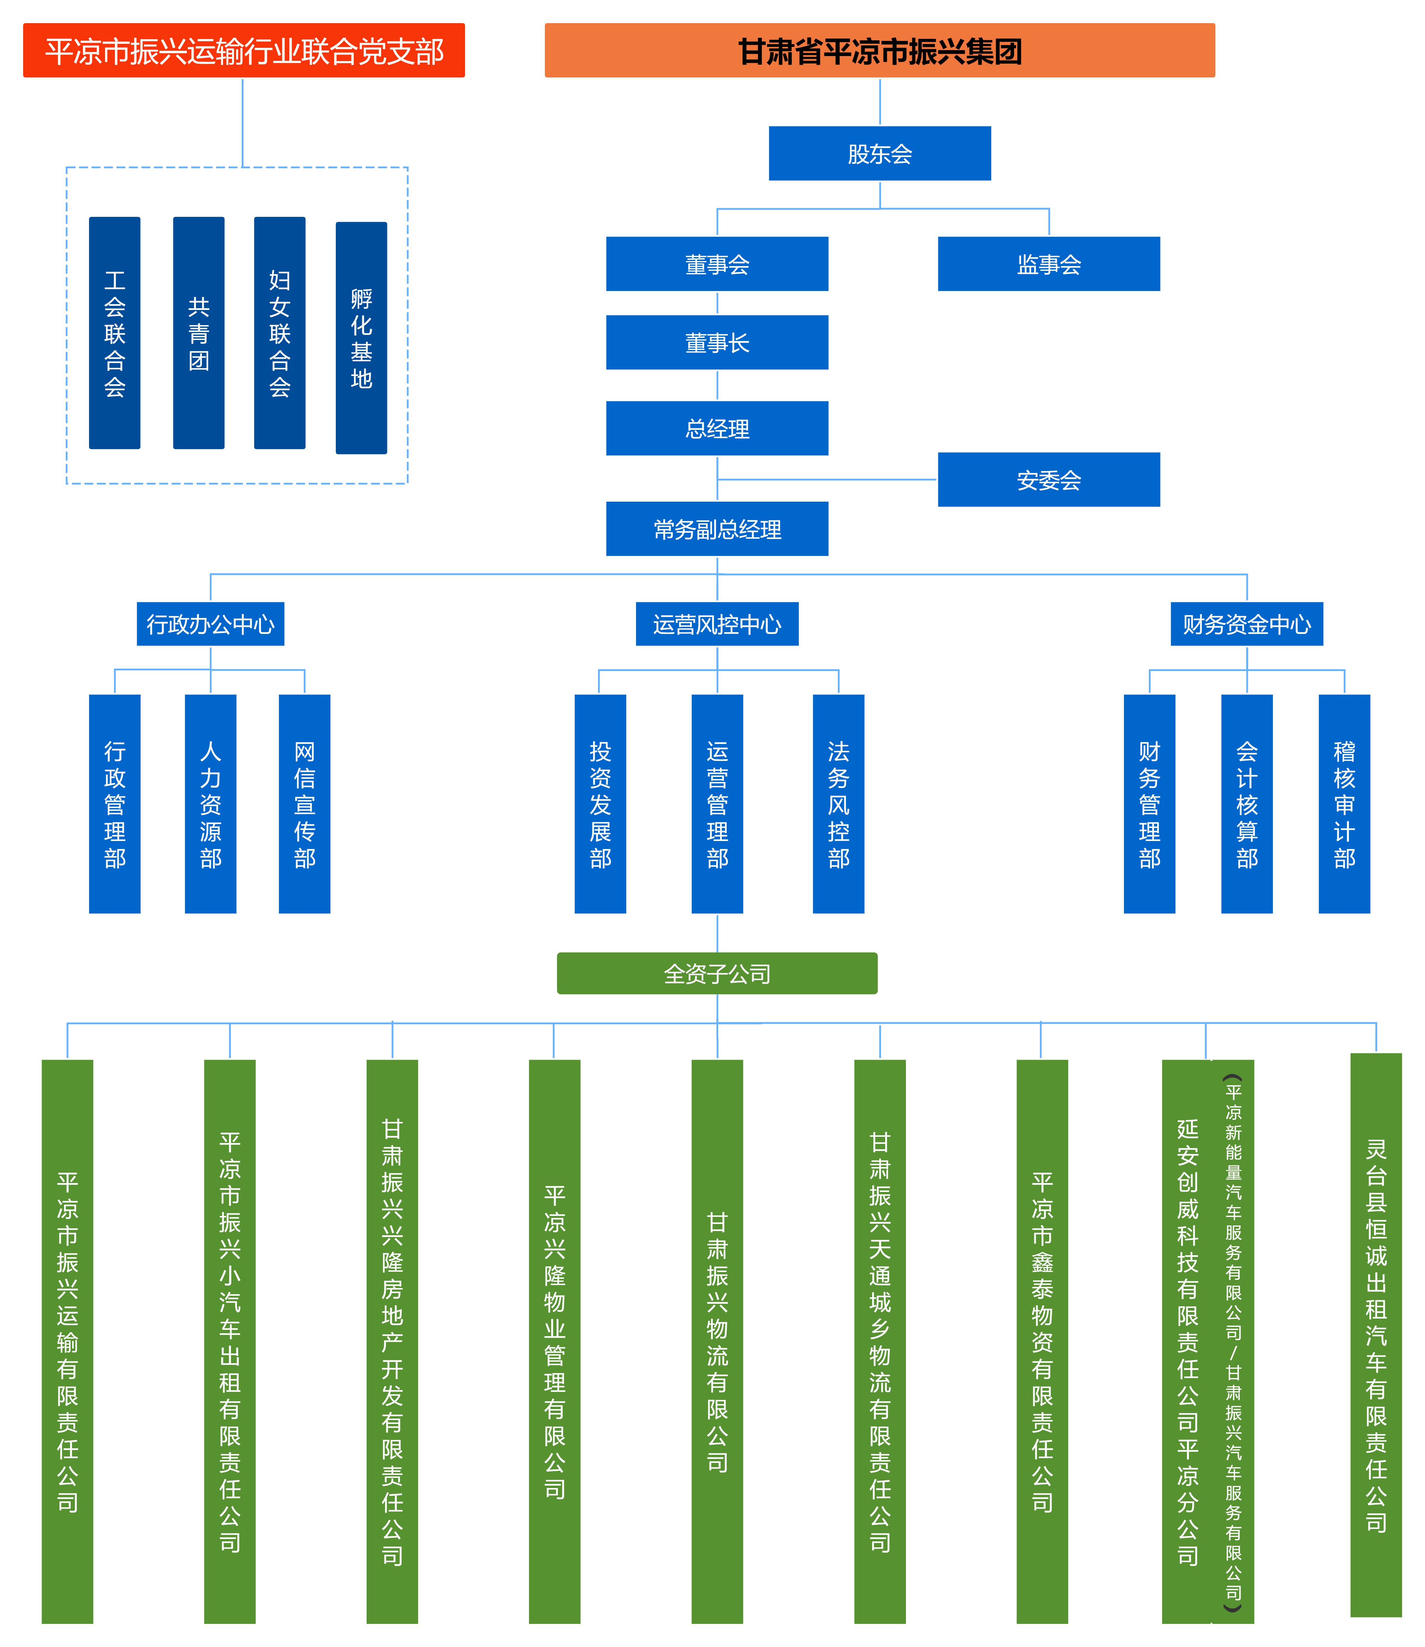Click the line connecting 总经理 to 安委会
[x=827, y=480]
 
